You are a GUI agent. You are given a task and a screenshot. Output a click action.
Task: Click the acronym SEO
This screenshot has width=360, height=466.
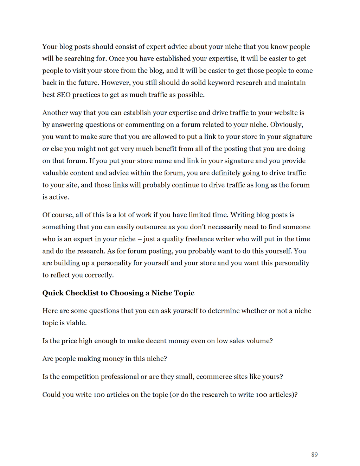pos(63,95)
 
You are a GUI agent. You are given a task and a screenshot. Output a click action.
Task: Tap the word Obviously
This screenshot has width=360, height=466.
pos(287,125)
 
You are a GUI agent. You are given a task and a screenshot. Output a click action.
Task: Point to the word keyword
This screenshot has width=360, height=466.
pos(221,83)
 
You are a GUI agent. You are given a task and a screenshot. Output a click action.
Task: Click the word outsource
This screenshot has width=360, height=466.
pos(151,227)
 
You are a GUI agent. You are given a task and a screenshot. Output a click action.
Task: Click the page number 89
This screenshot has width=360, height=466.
pos(314,455)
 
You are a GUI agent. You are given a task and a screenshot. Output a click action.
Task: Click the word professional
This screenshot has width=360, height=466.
pos(120,377)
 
